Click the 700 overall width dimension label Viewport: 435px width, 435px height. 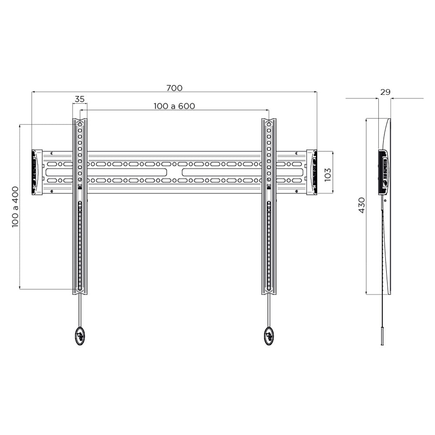click(174, 88)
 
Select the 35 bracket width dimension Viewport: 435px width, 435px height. click(79, 99)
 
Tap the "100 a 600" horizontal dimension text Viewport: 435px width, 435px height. click(174, 106)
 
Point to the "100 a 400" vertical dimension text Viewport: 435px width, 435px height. click(15, 207)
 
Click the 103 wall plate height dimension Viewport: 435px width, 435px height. click(328, 174)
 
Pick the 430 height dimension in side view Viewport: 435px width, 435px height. click(361, 205)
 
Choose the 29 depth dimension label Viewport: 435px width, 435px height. click(385, 92)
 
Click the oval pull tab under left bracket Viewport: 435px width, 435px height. click(80, 335)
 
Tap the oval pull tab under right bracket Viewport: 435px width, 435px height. click(269, 335)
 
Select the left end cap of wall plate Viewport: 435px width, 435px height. click(37, 172)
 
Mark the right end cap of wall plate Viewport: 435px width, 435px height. click(311, 172)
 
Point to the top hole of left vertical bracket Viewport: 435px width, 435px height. click(80, 124)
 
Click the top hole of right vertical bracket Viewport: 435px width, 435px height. click(269, 124)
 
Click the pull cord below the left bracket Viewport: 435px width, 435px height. click(80, 310)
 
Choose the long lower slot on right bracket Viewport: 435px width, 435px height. click(269, 246)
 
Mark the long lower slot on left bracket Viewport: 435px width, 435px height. click(80, 246)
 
